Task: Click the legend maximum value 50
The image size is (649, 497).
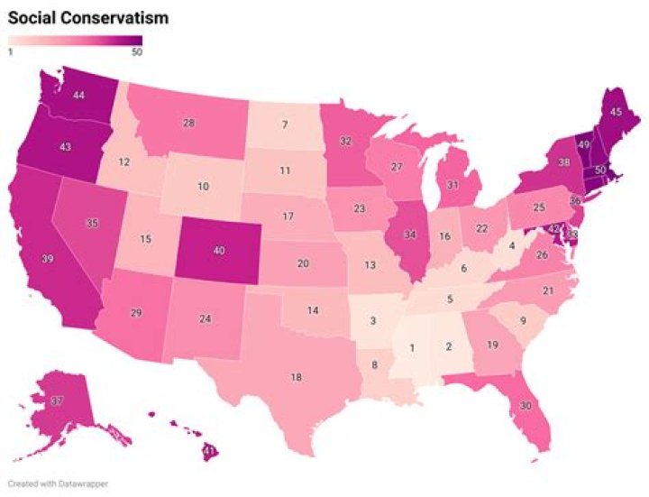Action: coord(136,51)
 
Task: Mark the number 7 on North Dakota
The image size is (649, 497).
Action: coord(284,124)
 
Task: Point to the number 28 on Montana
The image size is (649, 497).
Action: coord(189,123)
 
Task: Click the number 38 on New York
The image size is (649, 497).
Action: coord(539,164)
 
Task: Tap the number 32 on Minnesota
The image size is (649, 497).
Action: coord(345,141)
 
